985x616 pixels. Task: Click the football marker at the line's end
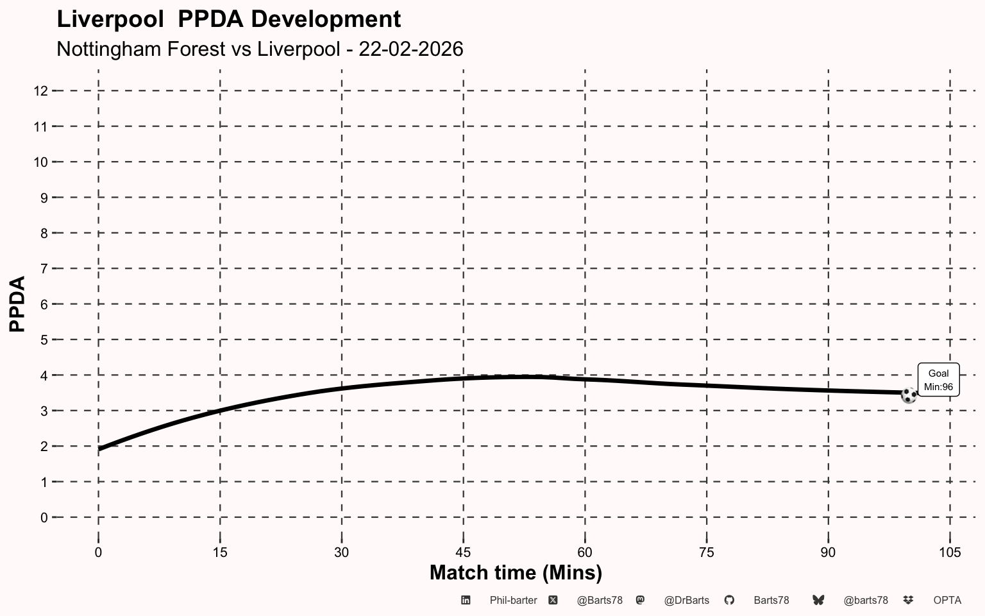pyautogui.click(x=909, y=395)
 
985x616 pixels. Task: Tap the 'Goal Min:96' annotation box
pyautogui.click(x=938, y=380)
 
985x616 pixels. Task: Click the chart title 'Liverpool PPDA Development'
pyautogui.click(x=229, y=19)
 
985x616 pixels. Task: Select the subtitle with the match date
pyautogui.click(x=260, y=49)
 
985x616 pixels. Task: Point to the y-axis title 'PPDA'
pyautogui.click(x=17, y=304)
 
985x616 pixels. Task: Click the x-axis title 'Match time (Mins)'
pyautogui.click(x=516, y=572)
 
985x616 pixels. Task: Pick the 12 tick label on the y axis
pyautogui.click(x=40, y=91)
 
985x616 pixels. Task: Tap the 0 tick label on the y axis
pyautogui.click(x=44, y=517)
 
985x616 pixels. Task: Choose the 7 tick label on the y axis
pyautogui.click(x=44, y=269)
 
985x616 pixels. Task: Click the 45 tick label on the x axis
pyautogui.click(x=463, y=552)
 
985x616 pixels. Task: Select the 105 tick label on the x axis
pyautogui.click(x=950, y=552)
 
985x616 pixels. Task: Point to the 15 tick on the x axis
pyautogui.click(x=220, y=552)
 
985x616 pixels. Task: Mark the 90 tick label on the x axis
pyautogui.click(x=828, y=552)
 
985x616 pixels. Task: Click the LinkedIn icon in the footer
pyautogui.click(x=466, y=601)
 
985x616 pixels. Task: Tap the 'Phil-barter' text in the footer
pyautogui.click(x=513, y=601)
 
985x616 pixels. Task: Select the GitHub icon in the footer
pyautogui.click(x=729, y=601)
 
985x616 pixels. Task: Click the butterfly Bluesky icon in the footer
pyautogui.click(x=818, y=601)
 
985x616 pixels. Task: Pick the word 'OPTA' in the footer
pyautogui.click(x=947, y=601)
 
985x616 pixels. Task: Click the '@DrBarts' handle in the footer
pyautogui.click(x=686, y=601)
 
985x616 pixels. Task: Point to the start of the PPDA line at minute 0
pyautogui.click(x=99, y=449)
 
